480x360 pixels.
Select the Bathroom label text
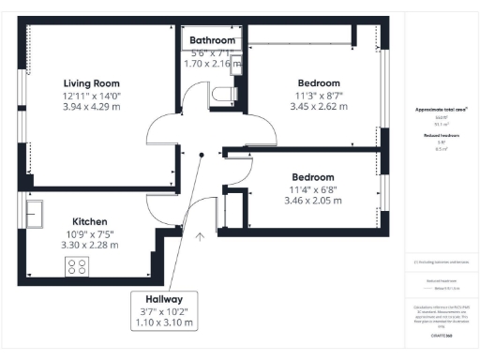point(213,40)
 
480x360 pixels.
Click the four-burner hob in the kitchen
point(77,267)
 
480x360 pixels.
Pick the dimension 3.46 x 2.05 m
point(313,201)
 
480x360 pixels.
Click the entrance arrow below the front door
point(200,238)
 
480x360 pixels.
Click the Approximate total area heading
point(442,110)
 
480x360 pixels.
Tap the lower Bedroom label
point(313,176)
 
